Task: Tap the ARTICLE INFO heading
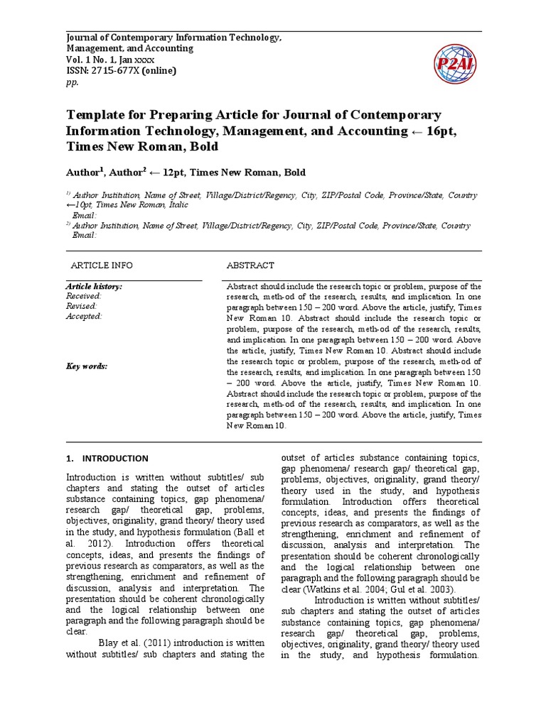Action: click(101, 265)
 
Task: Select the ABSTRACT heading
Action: click(250, 265)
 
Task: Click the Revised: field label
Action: click(81, 306)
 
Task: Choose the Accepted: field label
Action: click(84, 317)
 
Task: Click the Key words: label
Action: click(86, 366)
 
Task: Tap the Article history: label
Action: click(94, 286)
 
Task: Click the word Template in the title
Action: click(95, 115)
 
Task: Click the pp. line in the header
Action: click(72, 82)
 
